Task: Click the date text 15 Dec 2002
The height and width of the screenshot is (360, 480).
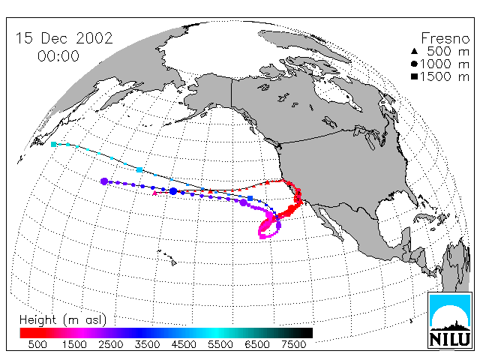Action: (x=64, y=38)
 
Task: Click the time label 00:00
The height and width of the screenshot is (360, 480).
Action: (x=58, y=56)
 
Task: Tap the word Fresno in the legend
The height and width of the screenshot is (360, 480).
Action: (x=445, y=38)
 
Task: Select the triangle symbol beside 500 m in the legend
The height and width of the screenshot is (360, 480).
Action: (x=414, y=51)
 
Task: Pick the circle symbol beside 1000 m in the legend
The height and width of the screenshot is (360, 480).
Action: (x=414, y=64)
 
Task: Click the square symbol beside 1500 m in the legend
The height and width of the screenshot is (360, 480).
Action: (x=414, y=76)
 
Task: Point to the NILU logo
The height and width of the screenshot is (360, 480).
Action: (x=450, y=320)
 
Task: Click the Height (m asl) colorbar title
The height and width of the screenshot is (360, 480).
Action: (x=63, y=320)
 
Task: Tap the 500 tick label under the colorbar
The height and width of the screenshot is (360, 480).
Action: (x=37, y=344)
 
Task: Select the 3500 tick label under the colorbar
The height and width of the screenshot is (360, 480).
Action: (x=147, y=344)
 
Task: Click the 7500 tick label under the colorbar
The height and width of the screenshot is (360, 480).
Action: (x=293, y=344)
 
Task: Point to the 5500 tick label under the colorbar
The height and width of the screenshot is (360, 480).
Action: (x=220, y=344)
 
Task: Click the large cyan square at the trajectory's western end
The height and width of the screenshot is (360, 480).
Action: (x=53, y=144)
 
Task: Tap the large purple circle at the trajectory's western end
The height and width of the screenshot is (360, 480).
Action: (x=104, y=181)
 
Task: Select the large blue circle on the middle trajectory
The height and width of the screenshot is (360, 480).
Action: (x=173, y=191)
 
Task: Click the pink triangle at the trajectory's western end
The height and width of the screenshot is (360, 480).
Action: (x=155, y=193)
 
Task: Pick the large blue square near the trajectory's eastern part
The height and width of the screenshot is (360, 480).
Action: (x=250, y=198)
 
